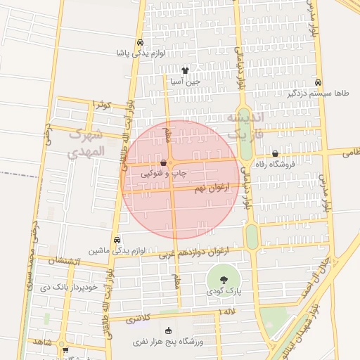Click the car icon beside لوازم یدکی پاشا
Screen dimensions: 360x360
[141, 42]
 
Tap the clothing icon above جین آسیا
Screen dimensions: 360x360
[185, 70]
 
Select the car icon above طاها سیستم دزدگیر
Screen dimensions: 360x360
[319, 82]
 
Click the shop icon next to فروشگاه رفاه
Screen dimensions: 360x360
[275, 153]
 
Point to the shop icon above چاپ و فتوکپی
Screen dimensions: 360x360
[163, 162]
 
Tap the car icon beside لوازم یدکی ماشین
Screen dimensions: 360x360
[117, 239]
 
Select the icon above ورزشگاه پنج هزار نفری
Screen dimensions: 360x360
[167, 331]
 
